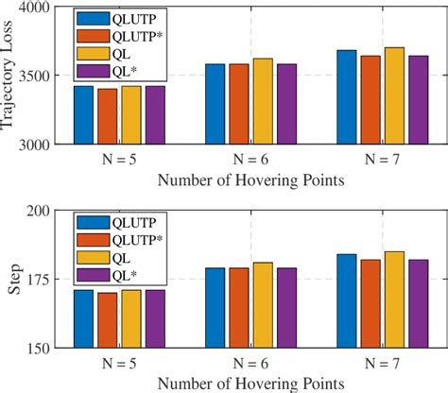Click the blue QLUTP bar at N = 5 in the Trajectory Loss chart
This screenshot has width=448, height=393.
click(84, 114)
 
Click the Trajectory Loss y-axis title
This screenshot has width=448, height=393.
click(10, 76)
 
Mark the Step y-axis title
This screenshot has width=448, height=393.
click(13, 281)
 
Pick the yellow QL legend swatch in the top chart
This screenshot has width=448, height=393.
click(92, 52)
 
